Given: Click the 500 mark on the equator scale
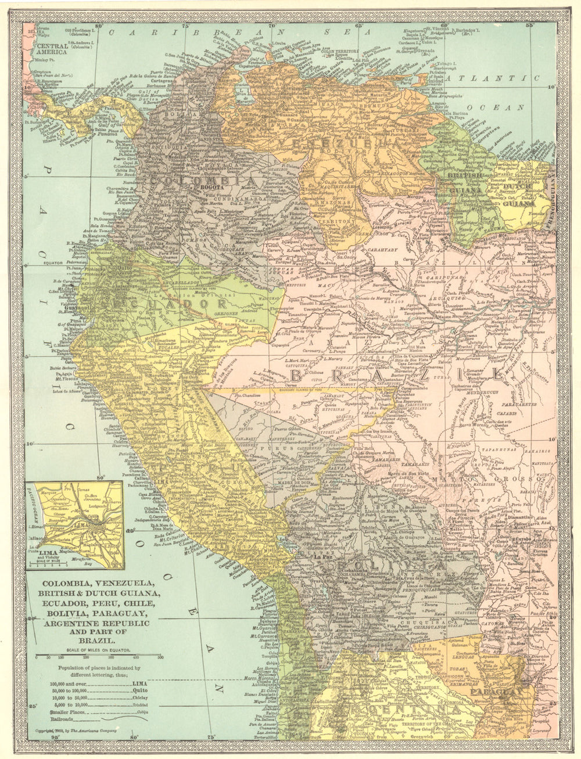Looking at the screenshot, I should coord(160,657).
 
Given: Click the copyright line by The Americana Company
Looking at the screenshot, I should coord(76,730).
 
